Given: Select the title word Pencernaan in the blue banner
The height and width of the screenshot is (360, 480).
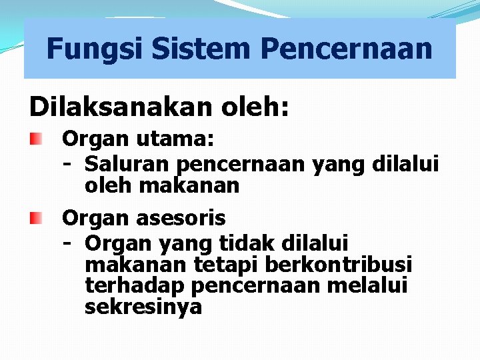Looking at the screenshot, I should click(x=347, y=49).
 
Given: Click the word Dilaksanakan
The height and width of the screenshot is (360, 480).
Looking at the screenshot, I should click(x=110, y=107).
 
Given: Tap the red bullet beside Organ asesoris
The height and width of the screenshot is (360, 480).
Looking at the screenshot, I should click(x=35, y=217).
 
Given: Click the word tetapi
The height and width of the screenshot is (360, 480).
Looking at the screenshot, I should click(x=226, y=264).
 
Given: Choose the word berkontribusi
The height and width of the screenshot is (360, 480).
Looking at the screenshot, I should click(x=339, y=264).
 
